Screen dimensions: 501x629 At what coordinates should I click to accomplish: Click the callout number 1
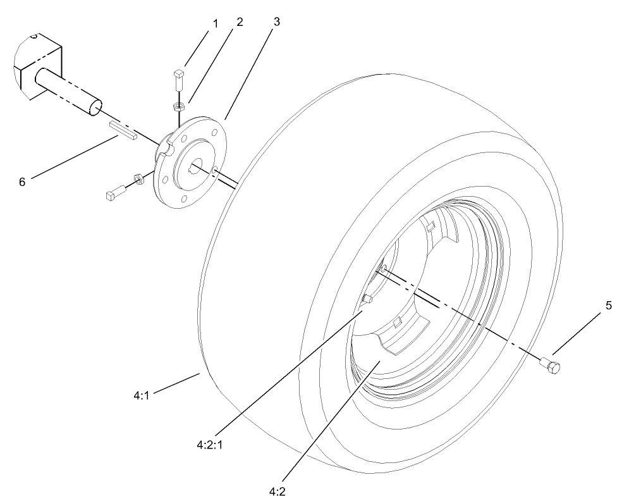tap(216, 24)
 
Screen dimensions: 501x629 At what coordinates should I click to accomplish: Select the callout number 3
tap(276, 21)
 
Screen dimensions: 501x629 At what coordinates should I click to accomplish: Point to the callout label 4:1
tap(141, 395)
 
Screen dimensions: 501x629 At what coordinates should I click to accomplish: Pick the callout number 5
tap(608, 306)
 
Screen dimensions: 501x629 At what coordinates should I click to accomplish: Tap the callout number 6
tap(22, 182)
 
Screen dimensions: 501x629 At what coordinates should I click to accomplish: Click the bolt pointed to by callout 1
tap(178, 80)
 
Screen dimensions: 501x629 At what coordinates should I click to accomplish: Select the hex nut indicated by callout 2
tap(178, 106)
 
